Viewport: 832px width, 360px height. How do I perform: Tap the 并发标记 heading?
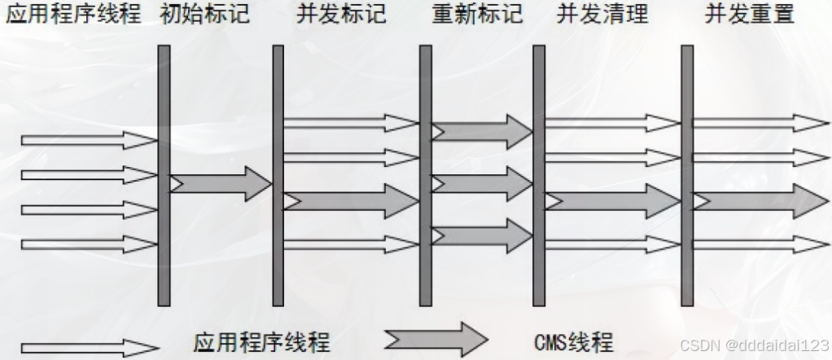[336, 14]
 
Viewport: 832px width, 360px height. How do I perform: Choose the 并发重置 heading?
[750, 14]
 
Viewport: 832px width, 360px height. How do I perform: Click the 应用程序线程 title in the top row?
[73, 14]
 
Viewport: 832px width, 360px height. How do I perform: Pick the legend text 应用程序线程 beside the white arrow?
[262, 341]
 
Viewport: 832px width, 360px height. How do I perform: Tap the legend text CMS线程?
[574, 341]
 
